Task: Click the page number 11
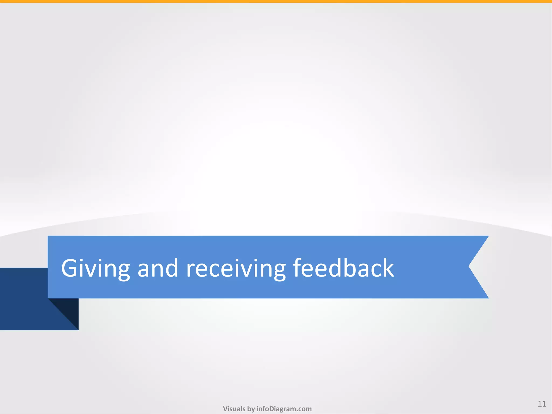[542, 404]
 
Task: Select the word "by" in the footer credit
[251, 409]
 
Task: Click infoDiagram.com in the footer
[284, 409]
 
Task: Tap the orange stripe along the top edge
[276, 1]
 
